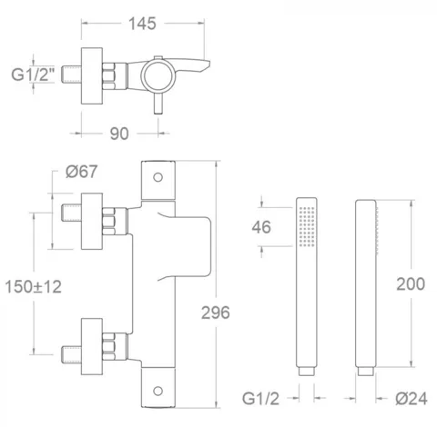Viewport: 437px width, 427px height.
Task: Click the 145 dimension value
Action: pyautogui.click(x=142, y=24)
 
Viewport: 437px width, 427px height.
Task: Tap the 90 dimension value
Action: pyautogui.click(x=119, y=134)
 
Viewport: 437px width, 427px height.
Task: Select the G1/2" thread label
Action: pyautogui.click(x=33, y=74)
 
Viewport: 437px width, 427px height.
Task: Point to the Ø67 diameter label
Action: pyautogui.click(x=81, y=172)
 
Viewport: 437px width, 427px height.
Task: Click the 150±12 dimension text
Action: pyautogui.click(x=33, y=287)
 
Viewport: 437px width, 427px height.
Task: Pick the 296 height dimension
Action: pyautogui.click(x=216, y=313)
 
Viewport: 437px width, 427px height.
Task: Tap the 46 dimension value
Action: pyautogui.click(x=261, y=227)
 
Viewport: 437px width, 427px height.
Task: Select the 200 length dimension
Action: pyautogui.click(x=411, y=284)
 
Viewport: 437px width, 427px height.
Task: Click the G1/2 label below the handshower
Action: pyautogui.click(x=260, y=399)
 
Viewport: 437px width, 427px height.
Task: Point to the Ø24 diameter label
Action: pyautogui.click(x=412, y=399)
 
